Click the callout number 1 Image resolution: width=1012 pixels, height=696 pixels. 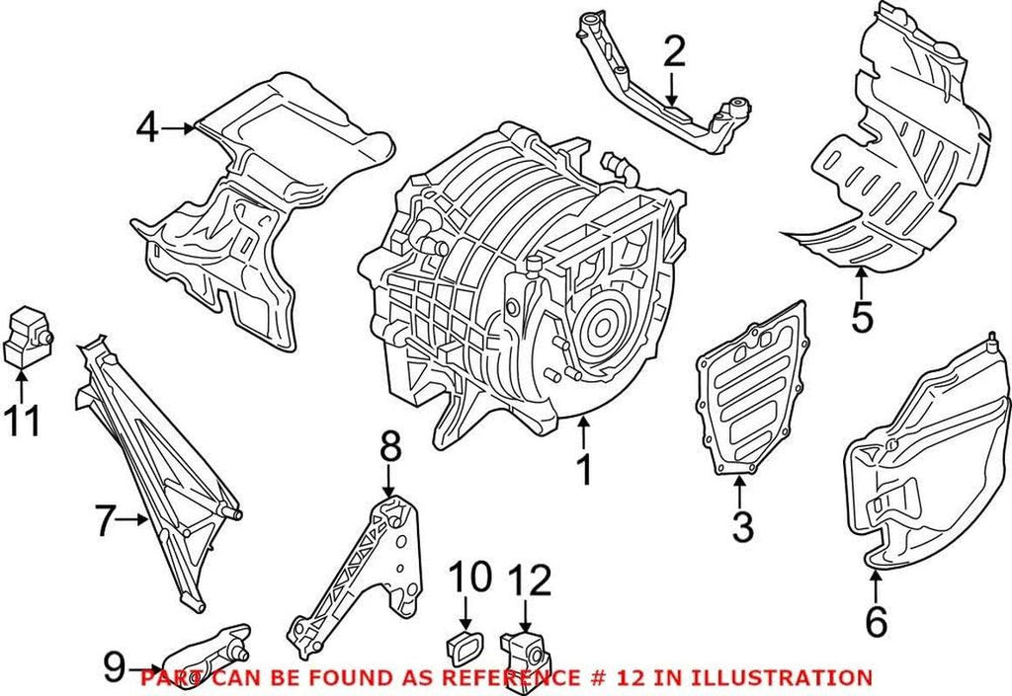pos(584,471)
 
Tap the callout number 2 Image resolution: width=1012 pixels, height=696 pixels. pos(674,52)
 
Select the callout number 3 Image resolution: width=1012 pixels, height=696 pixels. pos(742,526)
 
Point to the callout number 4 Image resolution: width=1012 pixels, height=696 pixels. pos(147,127)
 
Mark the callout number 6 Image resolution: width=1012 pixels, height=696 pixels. pos(876,621)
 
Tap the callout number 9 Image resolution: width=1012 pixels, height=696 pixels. pos(115,667)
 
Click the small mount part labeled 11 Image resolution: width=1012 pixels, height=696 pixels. pos(28,337)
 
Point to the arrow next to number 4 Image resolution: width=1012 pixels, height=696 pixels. pos(182,127)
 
